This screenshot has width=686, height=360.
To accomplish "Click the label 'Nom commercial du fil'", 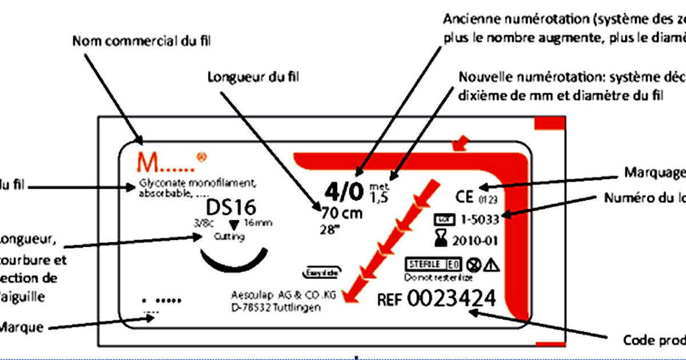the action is tap(145, 41).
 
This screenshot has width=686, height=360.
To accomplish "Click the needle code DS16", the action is tap(231, 206).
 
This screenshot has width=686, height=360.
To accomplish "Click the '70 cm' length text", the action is tap(341, 214).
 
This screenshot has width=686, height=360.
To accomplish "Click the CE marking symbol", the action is tap(464, 198).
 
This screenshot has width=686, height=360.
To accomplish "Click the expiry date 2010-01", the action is tap(474, 240).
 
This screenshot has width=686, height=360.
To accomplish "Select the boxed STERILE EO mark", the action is tap(433, 265).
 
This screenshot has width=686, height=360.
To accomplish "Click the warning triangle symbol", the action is tap(492, 265).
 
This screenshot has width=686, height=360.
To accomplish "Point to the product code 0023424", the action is tap(452, 299).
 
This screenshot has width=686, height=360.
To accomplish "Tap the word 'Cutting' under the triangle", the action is tap(228, 237).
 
